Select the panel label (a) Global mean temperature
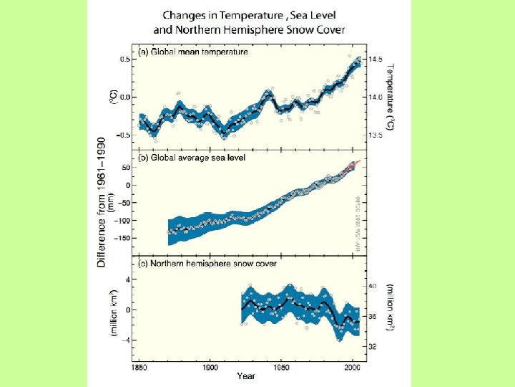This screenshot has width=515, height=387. click(x=193, y=52)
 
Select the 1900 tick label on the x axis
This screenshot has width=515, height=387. click(x=210, y=368)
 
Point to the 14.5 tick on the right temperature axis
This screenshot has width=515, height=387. click(x=376, y=59)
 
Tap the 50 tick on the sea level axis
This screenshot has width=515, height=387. click(x=127, y=168)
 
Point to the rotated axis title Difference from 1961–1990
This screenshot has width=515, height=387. click(x=102, y=203)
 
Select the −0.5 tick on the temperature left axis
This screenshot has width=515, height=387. click(x=122, y=135)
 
